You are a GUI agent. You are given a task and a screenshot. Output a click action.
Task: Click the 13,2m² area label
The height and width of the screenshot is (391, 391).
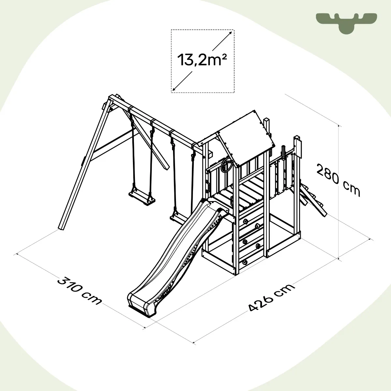202,60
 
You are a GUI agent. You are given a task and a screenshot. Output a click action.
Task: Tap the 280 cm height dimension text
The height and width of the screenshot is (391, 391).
338,181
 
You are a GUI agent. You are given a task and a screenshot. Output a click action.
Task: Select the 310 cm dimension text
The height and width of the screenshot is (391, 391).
79,291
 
